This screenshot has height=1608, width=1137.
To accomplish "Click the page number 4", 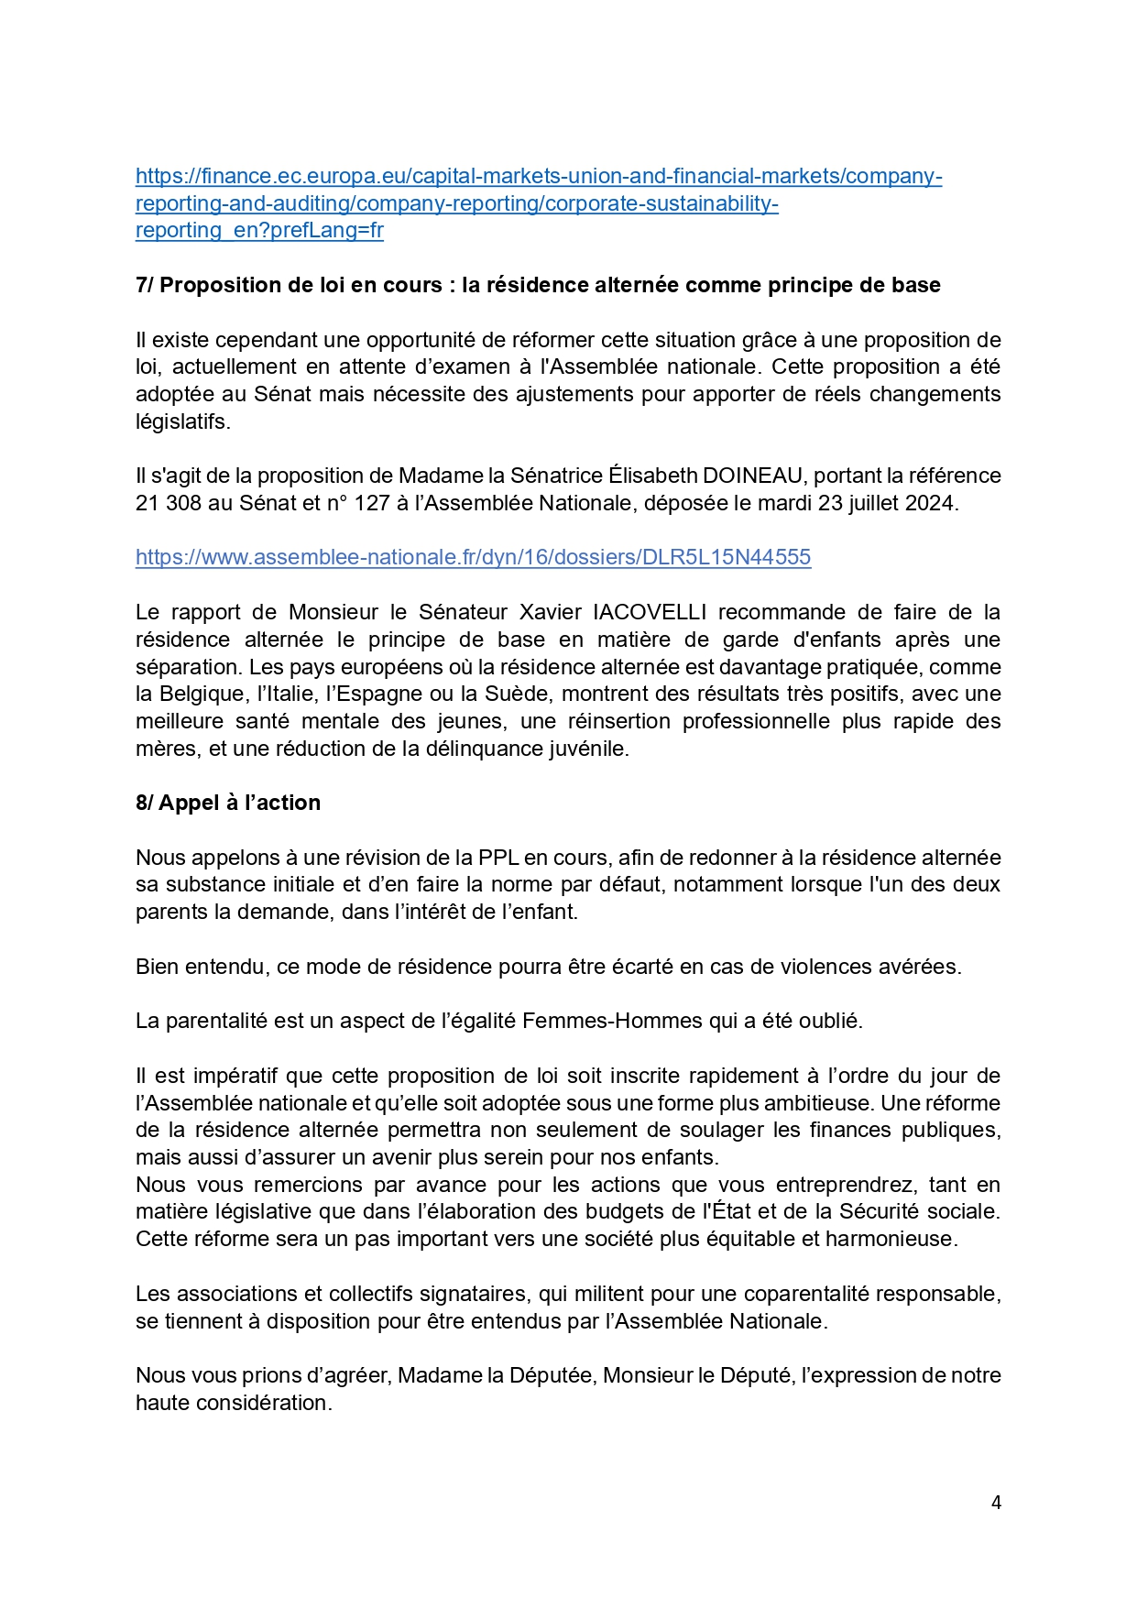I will (996, 1503).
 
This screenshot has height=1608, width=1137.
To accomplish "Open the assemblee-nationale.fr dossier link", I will (473, 557).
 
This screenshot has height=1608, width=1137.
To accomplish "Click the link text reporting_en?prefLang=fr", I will (259, 230).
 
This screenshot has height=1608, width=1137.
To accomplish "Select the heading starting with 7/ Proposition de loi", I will (538, 285).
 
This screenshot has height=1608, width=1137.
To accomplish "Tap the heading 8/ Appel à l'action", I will (228, 803).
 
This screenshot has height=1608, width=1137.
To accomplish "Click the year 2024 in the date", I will (930, 503).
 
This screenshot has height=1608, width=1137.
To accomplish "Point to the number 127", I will (372, 503).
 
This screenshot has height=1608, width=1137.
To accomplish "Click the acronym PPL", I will (498, 858).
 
